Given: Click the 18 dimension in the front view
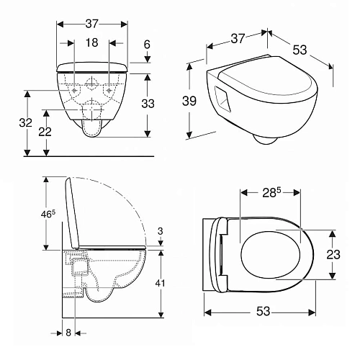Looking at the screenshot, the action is click(x=92, y=42).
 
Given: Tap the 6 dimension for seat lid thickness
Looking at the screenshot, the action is click(x=147, y=45).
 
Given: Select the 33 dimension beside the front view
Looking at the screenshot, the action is click(x=148, y=104).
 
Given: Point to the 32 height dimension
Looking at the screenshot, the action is click(x=26, y=122).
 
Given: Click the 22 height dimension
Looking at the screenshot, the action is click(x=45, y=132).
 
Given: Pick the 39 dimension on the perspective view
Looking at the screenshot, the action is click(x=189, y=101).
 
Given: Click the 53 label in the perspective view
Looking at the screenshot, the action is click(x=300, y=50).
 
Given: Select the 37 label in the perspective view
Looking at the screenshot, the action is click(x=238, y=38).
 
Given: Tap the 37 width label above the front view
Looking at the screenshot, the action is click(x=92, y=24).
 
